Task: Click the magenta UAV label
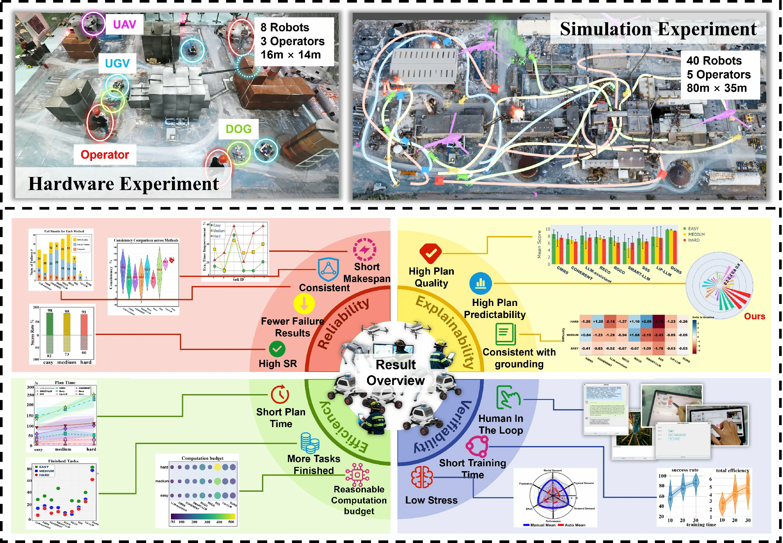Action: pyautogui.click(x=124, y=24)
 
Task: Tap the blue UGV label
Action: pyautogui.click(x=117, y=63)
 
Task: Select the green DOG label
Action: pyautogui.click(x=238, y=129)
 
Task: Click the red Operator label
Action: pyautogui.click(x=105, y=155)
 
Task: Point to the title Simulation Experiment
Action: pyautogui.click(x=658, y=29)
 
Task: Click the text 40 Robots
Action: pyautogui.click(x=714, y=60)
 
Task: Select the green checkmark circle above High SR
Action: pyautogui.click(x=277, y=349)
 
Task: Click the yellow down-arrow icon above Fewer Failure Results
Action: pyautogui.click(x=304, y=303)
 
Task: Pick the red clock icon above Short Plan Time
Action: pyautogui.click(x=280, y=395)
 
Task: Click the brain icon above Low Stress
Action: pyautogui.click(x=422, y=477)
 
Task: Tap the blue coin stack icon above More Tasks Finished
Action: pyautogui.click(x=310, y=443)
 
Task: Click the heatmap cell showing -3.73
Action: pyautogui.click(x=659, y=322)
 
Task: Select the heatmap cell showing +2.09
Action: pyautogui.click(x=646, y=322)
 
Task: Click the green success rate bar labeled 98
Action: pyautogui.click(x=50, y=323)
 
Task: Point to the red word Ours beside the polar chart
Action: pyautogui.click(x=754, y=316)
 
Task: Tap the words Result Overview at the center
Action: pyautogui.click(x=395, y=373)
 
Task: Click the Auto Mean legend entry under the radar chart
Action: pyautogui.click(x=575, y=525)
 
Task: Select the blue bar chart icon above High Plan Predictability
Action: pyautogui.click(x=480, y=283)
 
